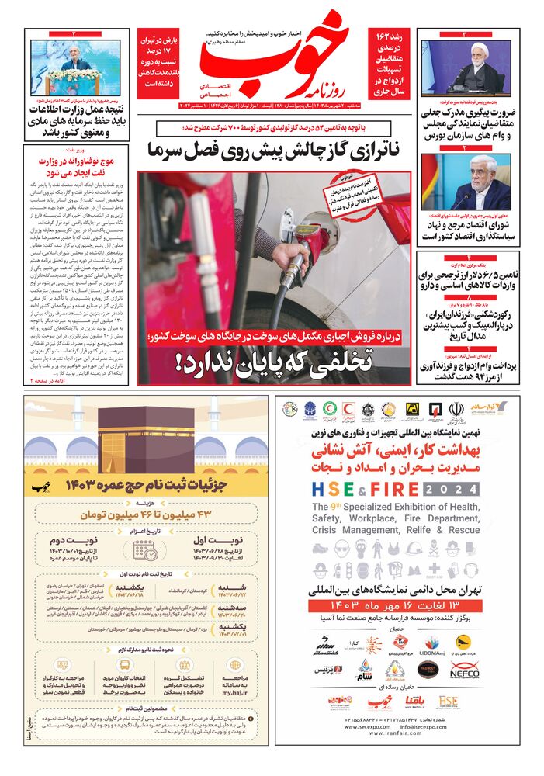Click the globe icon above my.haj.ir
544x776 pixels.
click(x=237, y=665)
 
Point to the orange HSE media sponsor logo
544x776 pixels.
click(x=449, y=702)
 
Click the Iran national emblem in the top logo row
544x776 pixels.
click(x=456, y=409)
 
